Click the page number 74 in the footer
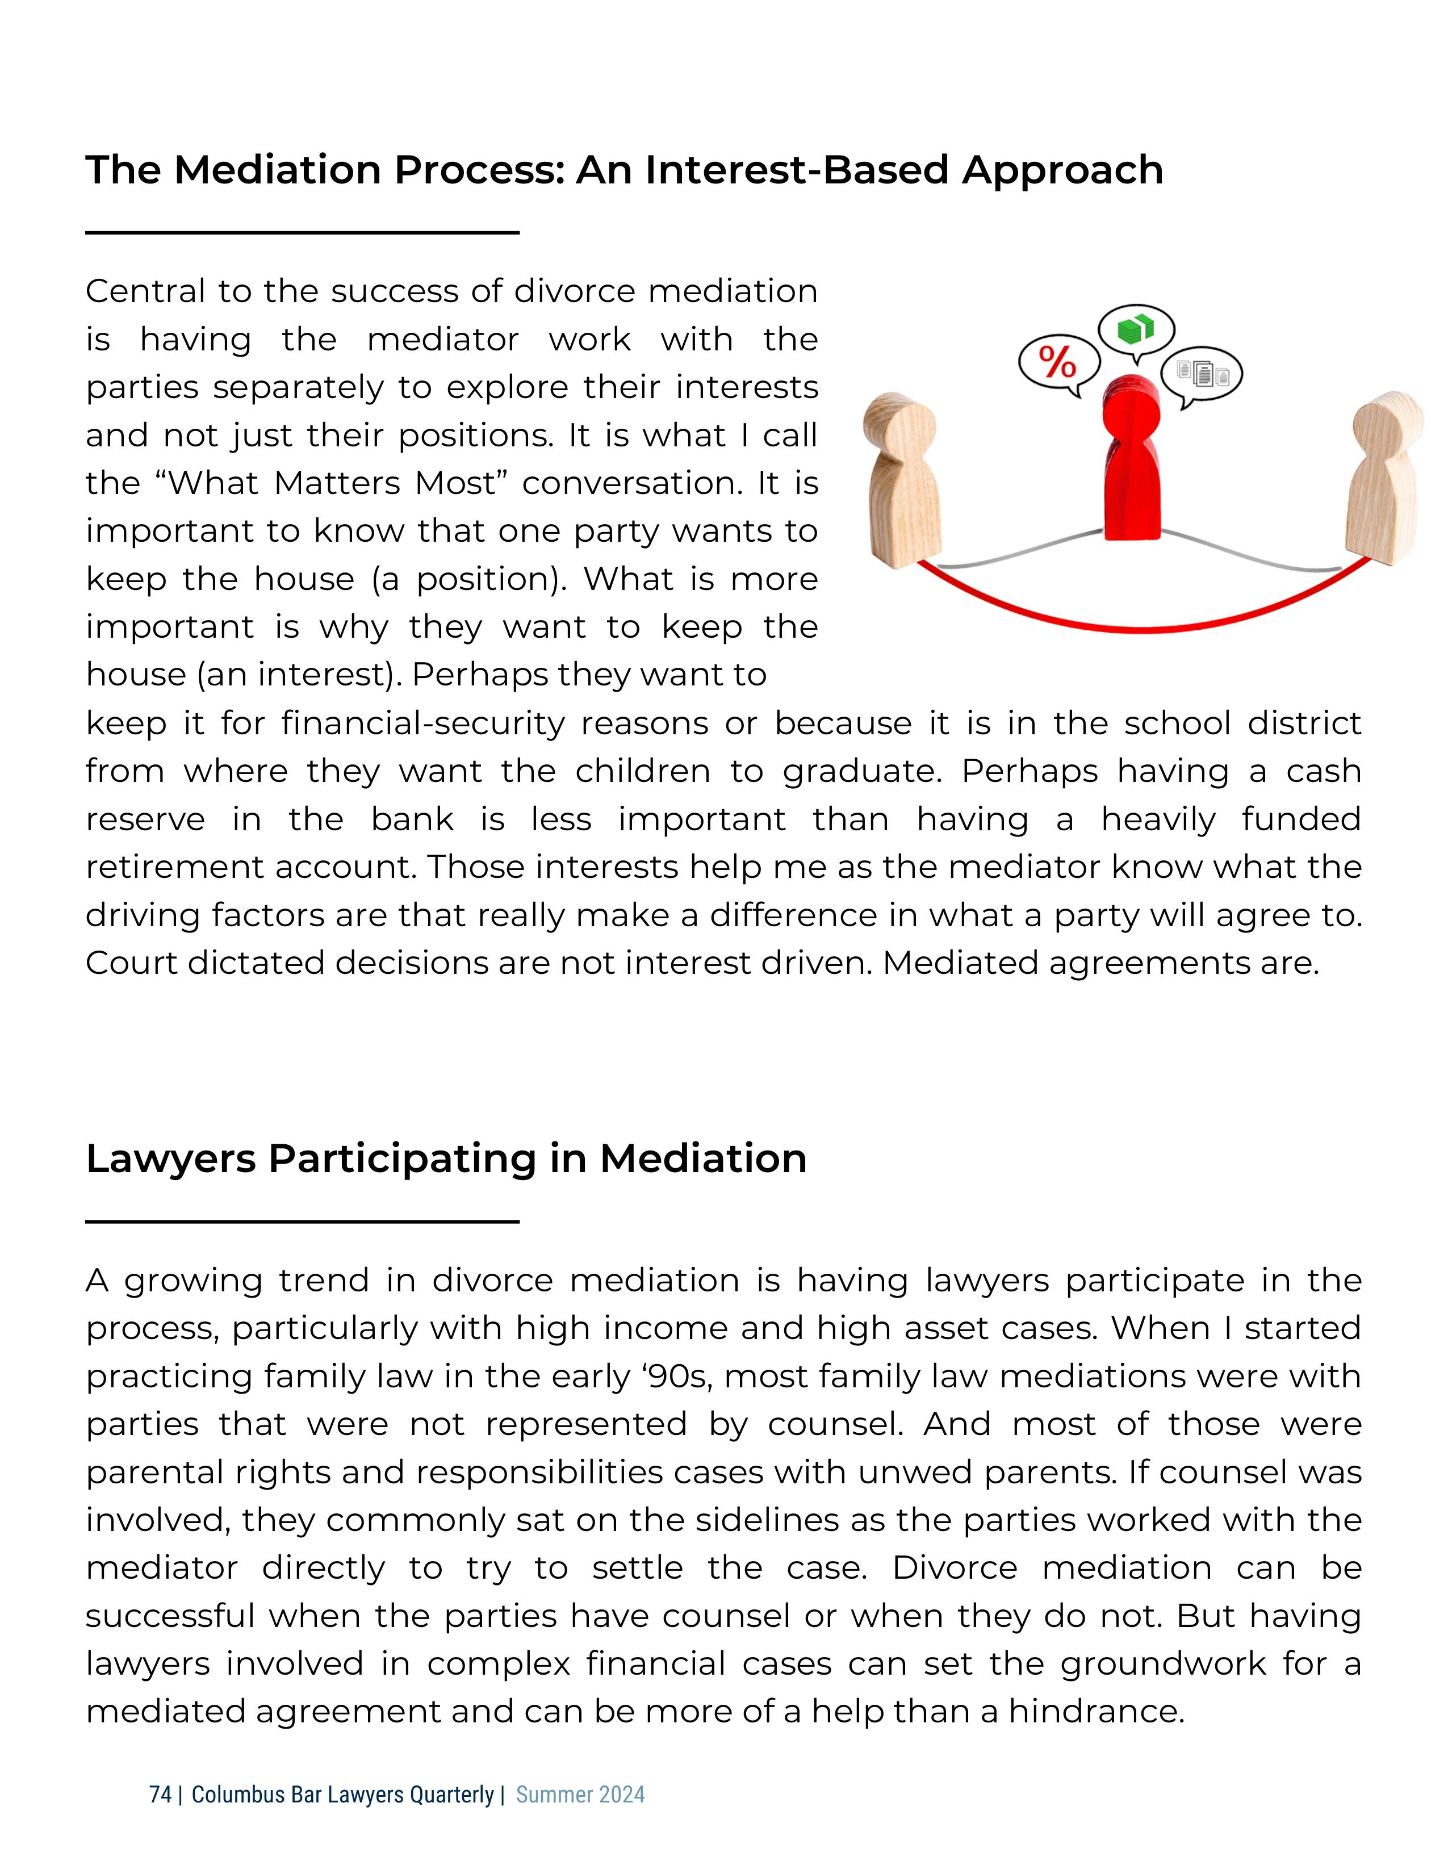(x=160, y=1794)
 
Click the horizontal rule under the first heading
(x=302, y=232)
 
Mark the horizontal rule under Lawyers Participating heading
(x=302, y=1221)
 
